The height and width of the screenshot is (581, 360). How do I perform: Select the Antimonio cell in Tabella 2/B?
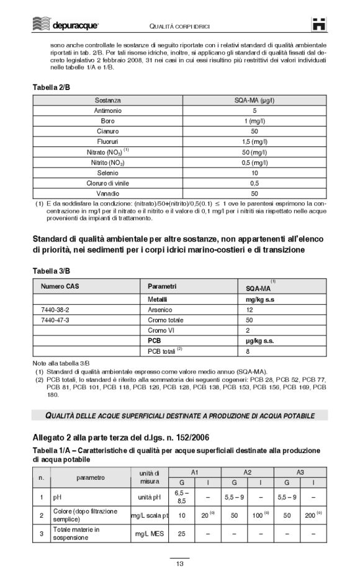click(x=108, y=110)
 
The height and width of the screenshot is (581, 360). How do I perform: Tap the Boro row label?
click(x=108, y=121)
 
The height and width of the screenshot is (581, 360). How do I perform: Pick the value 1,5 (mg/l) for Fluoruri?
click(x=254, y=142)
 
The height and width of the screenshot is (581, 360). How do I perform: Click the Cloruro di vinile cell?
click(x=108, y=183)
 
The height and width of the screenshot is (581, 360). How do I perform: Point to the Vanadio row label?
click(x=108, y=194)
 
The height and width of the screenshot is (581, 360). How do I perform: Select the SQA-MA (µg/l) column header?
click(x=254, y=99)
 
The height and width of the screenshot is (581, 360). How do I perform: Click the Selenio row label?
click(x=108, y=173)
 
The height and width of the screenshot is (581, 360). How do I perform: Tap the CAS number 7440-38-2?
click(x=55, y=309)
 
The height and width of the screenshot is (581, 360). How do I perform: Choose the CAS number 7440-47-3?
click(x=55, y=320)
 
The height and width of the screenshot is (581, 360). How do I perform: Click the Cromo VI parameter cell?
click(x=161, y=330)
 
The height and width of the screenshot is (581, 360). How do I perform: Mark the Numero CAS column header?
click(x=58, y=286)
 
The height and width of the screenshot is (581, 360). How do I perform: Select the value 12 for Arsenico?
click(x=250, y=309)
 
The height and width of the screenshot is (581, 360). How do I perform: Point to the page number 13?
click(x=179, y=564)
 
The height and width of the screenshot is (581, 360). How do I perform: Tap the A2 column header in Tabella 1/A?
click(x=247, y=472)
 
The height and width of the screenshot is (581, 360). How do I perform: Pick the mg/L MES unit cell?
click(x=149, y=533)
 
